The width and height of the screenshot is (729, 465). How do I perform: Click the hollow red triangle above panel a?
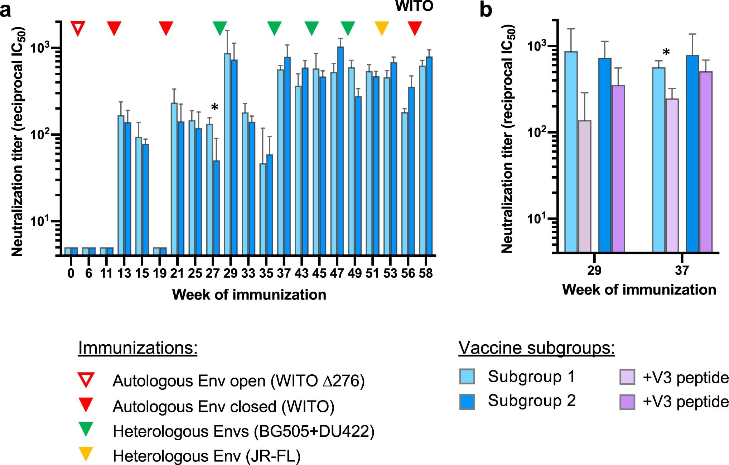pyautogui.click(x=78, y=28)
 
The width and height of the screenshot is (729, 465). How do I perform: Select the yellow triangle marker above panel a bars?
pyautogui.click(x=381, y=28)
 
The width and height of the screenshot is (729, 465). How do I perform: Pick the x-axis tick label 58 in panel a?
pyautogui.click(x=426, y=274)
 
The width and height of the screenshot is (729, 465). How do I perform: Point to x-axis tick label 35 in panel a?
pyautogui.click(x=266, y=274)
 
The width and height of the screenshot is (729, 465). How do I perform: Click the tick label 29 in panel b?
pyautogui.click(x=594, y=270)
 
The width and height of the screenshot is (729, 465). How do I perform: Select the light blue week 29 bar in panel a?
pyautogui.click(x=227, y=154)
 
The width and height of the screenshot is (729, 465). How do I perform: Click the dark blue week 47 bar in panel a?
pyautogui.click(x=341, y=150)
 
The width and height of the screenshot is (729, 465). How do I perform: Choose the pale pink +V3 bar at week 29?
pyautogui.click(x=584, y=186)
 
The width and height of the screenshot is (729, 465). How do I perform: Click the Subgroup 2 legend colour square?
pyautogui.click(x=467, y=402)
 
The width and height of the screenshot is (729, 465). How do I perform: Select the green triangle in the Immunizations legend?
pyautogui.click(x=86, y=428)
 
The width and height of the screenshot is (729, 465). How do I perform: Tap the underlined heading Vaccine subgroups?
pyautogui.click(x=536, y=348)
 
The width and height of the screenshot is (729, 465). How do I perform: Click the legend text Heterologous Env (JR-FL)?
pyautogui.click(x=207, y=456)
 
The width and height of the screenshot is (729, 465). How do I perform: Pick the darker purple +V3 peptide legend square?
pyautogui.click(x=627, y=402)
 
